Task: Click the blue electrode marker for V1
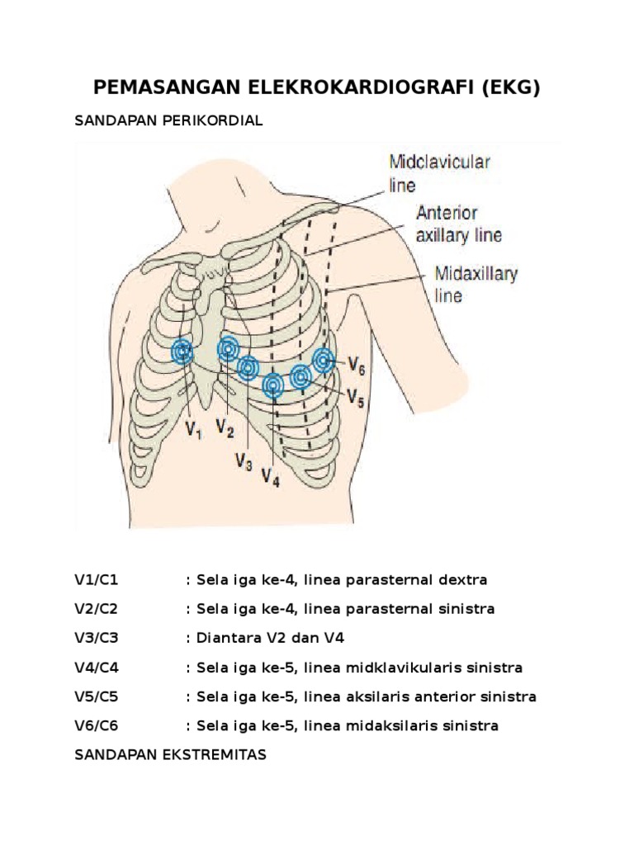182,352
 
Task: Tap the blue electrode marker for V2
228,350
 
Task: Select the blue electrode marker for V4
273,385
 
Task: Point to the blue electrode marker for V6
324,359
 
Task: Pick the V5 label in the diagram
356,398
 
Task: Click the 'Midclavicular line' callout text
439,172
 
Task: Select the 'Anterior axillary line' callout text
458,224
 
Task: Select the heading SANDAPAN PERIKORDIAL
168,120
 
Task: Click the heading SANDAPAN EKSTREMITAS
170,755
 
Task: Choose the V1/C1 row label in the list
97,580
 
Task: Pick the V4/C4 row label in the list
97,667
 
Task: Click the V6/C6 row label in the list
97,726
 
